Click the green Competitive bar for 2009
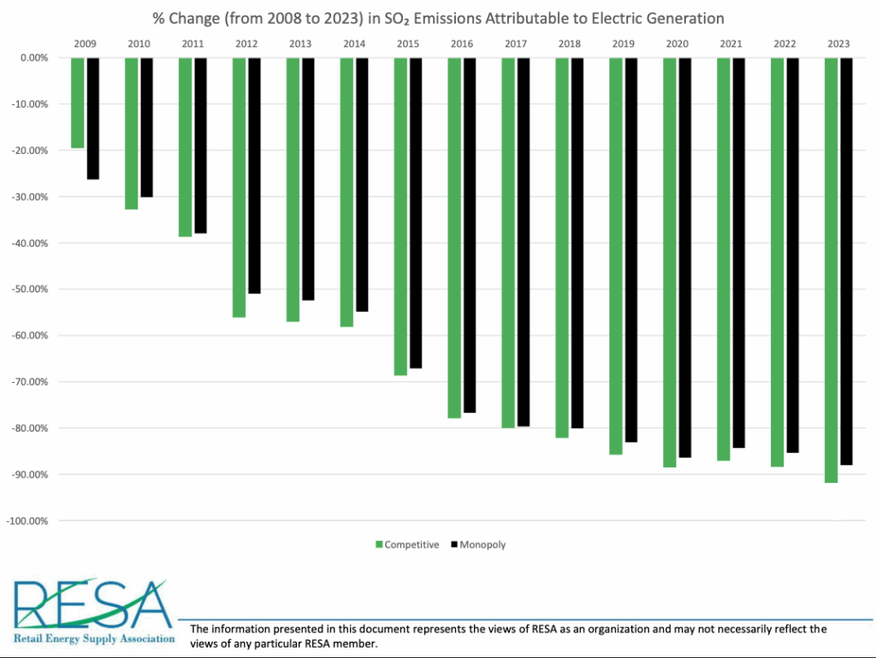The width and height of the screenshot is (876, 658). [x=78, y=103]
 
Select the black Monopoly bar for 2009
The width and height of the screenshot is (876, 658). [x=93, y=118]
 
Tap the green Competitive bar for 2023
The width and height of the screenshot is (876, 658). [x=831, y=270]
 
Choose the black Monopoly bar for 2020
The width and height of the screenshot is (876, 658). [x=684, y=257]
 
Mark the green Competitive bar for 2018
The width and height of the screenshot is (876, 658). [x=562, y=248]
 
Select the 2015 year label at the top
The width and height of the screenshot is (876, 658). [x=408, y=44]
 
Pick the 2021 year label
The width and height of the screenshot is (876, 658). [x=731, y=44]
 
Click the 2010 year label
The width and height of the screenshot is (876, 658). [x=139, y=44]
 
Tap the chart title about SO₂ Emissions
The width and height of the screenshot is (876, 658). [x=438, y=18]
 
